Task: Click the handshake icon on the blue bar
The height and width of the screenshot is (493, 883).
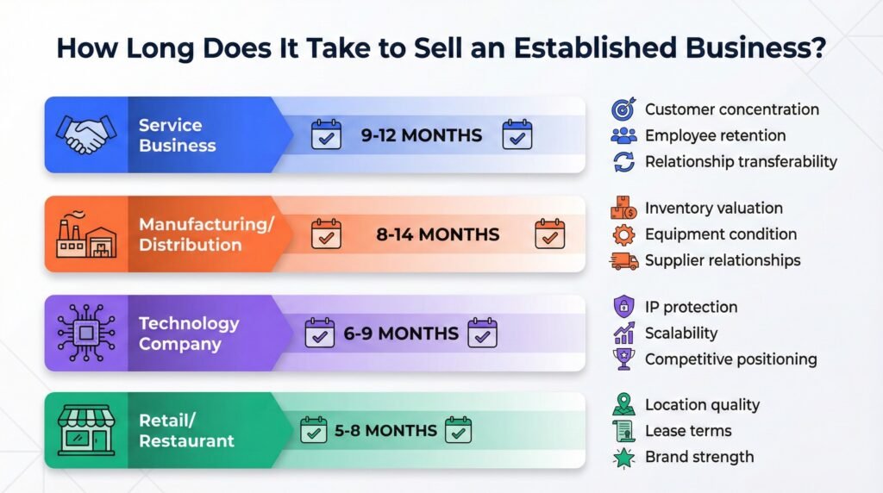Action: (86, 134)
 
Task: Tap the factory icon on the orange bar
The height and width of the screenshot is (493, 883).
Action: (86, 234)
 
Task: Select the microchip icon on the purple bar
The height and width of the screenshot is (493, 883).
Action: (86, 334)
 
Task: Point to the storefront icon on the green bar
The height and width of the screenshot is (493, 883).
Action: (86, 430)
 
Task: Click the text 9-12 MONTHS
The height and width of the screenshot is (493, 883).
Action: (421, 135)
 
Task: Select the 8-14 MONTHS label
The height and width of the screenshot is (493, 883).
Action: (437, 234)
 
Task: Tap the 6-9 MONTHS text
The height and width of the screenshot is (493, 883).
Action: (401, 334)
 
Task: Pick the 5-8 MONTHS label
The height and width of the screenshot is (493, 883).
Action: (385, 431)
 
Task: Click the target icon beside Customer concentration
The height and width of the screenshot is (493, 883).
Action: (623, 109)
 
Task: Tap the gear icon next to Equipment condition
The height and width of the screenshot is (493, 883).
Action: (623, 234)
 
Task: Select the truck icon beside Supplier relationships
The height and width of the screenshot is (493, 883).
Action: (624, 260)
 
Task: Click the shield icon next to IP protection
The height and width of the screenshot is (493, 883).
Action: (623, 307)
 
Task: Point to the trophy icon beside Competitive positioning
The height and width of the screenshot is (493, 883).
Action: (623, 359)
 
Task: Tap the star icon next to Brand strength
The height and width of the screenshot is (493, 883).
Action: (623, 458)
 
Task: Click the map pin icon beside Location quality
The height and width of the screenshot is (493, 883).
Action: (623, 404)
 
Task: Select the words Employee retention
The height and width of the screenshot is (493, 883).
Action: (715, 135)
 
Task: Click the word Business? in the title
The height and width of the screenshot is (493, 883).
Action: (755, 48)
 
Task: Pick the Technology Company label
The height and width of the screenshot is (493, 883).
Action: (189, 334)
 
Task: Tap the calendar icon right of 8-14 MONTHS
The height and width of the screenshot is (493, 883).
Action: (549, 234)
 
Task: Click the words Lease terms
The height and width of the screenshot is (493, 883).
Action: (688, 431)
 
